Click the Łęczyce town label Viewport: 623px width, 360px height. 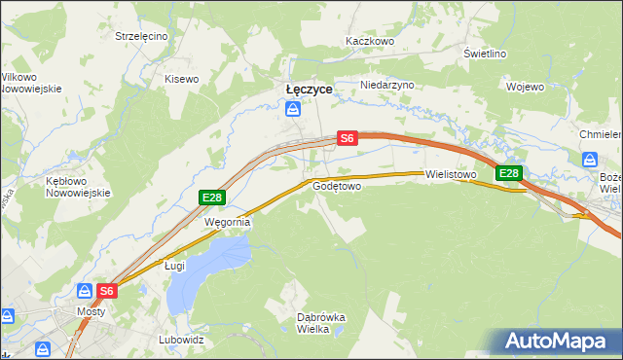click(x=309, y=89)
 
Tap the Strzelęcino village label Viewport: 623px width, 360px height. click(x=141, y=36)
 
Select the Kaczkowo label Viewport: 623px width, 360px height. click(x=369, y=42)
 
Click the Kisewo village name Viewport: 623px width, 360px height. click(x=181, y=79)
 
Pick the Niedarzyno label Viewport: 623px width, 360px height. click(x=387, y=85)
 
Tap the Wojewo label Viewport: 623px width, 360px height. click(x=525, y=87)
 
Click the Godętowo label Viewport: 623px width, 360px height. click(x=338, y=185)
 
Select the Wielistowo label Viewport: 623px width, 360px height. click(x=450, y=175)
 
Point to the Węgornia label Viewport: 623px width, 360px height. click(x=227, y=222)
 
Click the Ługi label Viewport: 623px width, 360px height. click(x=174, y=265)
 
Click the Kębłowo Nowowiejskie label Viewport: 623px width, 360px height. click(x=74, y=187)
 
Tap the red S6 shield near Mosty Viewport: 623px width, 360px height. click(x=108, y=290)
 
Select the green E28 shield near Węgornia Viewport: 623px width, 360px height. click(x=212, y=198)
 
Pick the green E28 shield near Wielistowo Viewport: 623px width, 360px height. click(x=509, y=174)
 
